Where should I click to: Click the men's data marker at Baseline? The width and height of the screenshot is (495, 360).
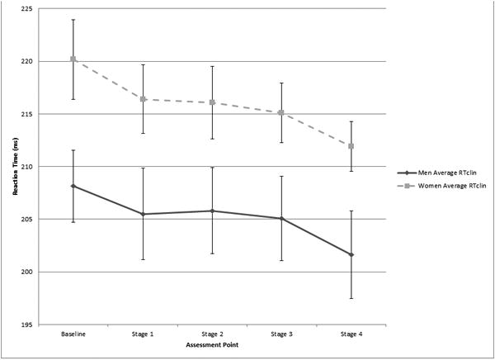pos(73,186)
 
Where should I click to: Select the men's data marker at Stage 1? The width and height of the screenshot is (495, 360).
pos(143,214)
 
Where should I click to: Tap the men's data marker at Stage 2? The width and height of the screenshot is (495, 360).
pos(212,211)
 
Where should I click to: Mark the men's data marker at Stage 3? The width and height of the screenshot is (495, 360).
pos(281,219)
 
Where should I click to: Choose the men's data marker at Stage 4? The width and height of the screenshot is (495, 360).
pos(351,255)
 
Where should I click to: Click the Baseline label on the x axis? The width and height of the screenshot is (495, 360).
pos(73,334)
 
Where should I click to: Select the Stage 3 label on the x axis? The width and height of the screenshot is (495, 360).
pos(281,334)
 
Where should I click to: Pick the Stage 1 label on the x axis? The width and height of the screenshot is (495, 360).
pos(143,334)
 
